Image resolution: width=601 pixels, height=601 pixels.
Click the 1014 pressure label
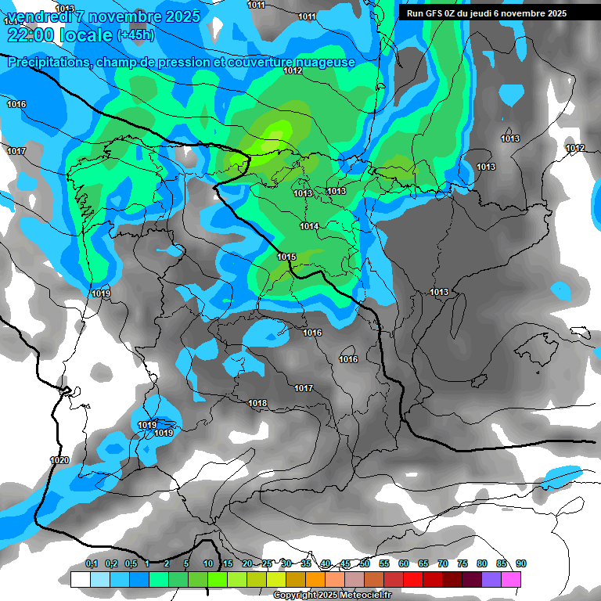309,226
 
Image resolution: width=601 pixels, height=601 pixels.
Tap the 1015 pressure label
286,257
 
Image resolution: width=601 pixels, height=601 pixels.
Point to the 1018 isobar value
257,404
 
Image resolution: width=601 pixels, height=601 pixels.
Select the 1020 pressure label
59,460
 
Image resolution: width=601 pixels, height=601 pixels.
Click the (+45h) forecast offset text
135,34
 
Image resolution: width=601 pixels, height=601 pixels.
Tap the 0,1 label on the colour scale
92,564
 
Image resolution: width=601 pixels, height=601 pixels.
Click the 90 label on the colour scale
521,564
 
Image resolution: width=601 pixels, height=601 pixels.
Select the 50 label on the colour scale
365,564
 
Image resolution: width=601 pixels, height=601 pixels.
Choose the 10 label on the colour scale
208,564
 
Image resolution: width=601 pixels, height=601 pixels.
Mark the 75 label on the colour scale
462,564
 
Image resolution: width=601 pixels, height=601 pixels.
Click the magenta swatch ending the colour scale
511,579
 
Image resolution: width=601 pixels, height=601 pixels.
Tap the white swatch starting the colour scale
80,579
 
